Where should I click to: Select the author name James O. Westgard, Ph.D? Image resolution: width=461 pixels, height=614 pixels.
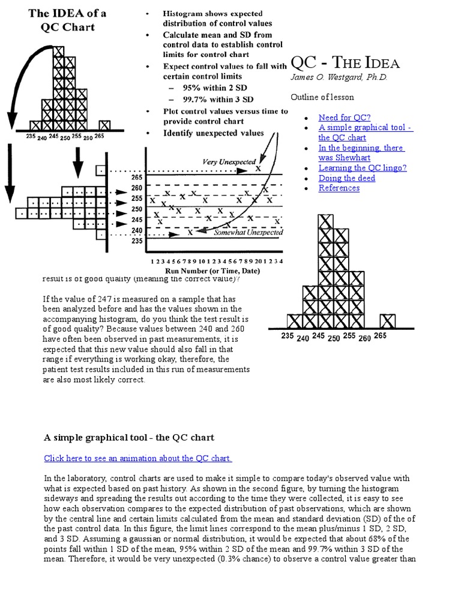click(x=339, y=77)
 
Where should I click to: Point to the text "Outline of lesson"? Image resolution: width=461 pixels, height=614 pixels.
click(x=322, y=97)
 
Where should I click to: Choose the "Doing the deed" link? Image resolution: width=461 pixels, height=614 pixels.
click(x=347, y=178)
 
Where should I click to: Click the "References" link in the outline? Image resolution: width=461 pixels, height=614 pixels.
click(x=339, y=188)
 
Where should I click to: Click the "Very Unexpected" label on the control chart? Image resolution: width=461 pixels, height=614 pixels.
click(x=229, y=162)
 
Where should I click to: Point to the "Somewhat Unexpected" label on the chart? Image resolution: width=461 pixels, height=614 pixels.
click(x=249, y=233)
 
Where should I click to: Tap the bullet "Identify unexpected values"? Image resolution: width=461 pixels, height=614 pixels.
click(x=213, y=133)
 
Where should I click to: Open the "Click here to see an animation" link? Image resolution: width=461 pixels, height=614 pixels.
click(x=138, y=458)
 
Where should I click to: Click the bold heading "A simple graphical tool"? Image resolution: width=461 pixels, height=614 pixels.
click(x=129, y=437)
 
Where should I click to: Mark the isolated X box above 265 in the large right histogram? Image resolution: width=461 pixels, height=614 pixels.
click(x=388, y=321)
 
